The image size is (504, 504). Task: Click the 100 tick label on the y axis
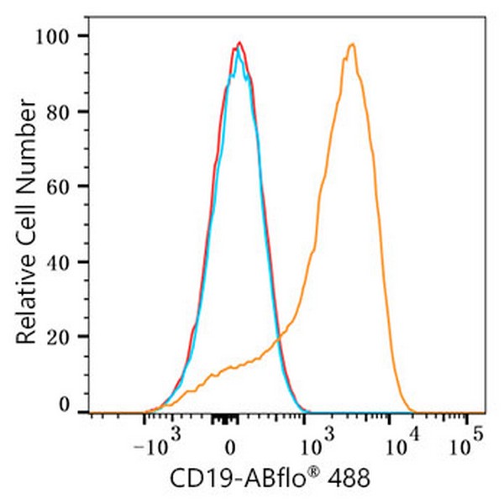coord(61,36)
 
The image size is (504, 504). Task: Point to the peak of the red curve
coord(239,42)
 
